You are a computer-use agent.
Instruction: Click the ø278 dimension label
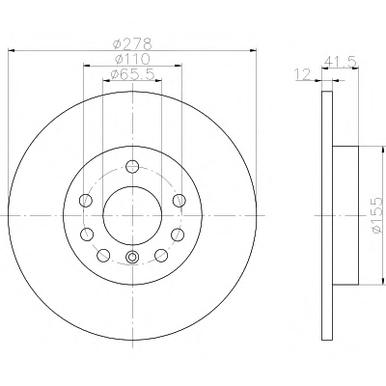pyautogui.click(x=132, y=43)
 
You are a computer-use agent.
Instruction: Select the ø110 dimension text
pyautogui.click(x=132, y=59)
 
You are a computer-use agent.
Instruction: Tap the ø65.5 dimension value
pyautogui.click(x=132, y=74)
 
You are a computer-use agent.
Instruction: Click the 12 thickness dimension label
pyautogui.click(x=303, y=74)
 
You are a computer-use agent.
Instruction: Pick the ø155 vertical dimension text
pyautogui.click(x=376, y=215)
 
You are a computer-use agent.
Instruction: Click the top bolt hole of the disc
pyautogui.click(x=132, y=166)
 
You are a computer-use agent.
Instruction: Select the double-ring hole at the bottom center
pyautogui.click(x=132, y=257)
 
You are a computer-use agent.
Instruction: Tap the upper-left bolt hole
pyautogui.click(x=86, y=201)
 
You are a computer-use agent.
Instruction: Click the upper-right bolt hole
pyautogui.click(x=179, y=201)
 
